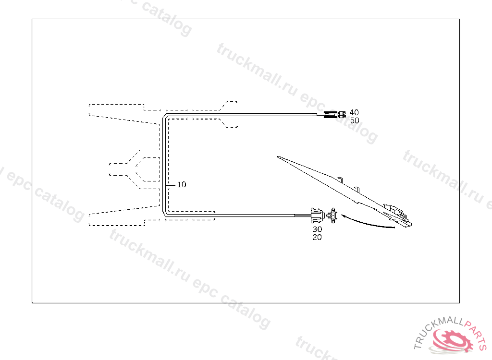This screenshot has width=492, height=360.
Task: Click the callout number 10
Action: pyautogui.click(x=181, y=184)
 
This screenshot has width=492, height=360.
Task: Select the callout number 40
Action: pyautogui.click(x=354, y=112)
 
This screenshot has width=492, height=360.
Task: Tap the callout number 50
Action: pyautogui.click(x=355, y=120)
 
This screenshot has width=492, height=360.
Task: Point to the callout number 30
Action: pyautogui.click(x=317, y=229)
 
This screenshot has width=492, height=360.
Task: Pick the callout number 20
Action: pyautogui.click(x=317, y=237)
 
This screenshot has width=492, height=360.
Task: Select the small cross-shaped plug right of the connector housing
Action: pyautogui.click(x=332, y=216)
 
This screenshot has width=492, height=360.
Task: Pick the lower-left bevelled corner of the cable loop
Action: pyautogui.click(x=164, y=214)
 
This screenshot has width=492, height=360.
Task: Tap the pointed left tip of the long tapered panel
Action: pyautogui.click(x=279, y=156)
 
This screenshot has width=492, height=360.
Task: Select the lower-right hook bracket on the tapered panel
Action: pyautogui.click(x=357, y=188)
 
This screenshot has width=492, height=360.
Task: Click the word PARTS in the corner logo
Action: pyautogui.click(x=476, y=334)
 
